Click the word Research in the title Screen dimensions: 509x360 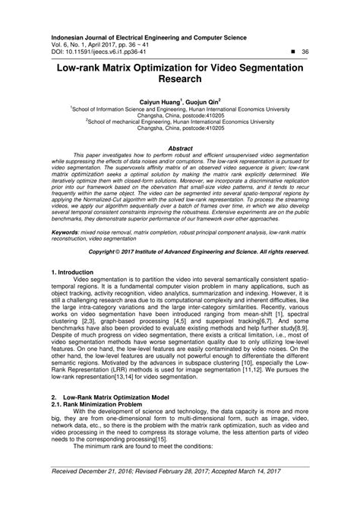click(x=179, y=81)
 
